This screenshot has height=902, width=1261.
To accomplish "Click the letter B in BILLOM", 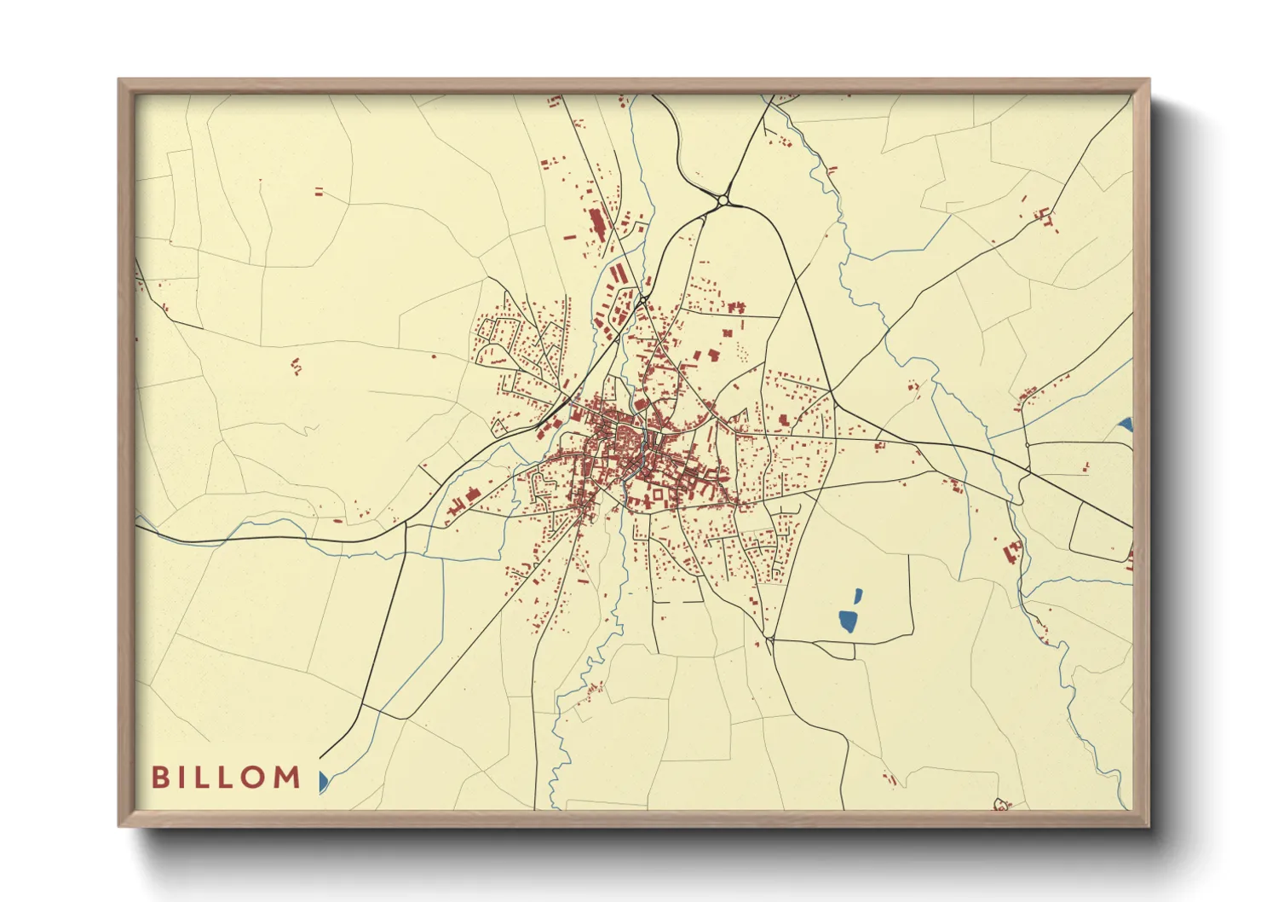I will pyautogui.click(x=159, y=778).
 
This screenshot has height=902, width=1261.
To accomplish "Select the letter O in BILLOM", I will pyautogui.click(x=255, y=778).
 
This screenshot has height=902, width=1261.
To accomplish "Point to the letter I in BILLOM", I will pyautogui.click(x=181, y=778).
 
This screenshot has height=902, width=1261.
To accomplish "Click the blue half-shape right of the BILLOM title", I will pyautogui.click(x=323, y=781).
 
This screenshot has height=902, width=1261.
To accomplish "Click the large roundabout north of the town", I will pyautogui.click(x=723, y=200).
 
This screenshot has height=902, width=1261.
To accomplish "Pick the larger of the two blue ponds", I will pyautogui.click(x=848, y=621).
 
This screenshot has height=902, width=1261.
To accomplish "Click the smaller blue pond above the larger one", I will pyautogui.click(x=857, y=596).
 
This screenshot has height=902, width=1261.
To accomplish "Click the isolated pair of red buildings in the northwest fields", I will pyautogui.click(x=320, y=192).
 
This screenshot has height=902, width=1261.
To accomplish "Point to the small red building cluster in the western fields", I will pyautogui.click(x=297, y=367).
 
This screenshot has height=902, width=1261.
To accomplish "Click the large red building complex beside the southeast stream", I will pyautogui.click(x=1012, y=552).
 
